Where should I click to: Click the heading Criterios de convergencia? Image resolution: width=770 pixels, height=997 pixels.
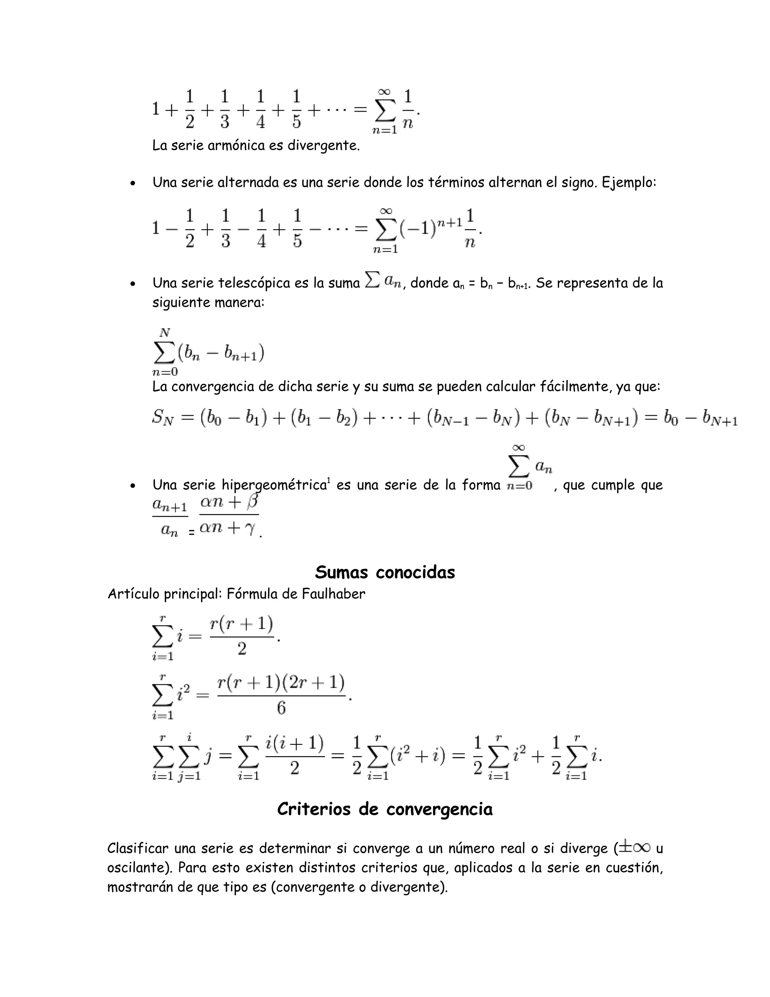click(x=385, y=809)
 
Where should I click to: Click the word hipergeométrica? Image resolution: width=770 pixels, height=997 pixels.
click(x=274, y=485)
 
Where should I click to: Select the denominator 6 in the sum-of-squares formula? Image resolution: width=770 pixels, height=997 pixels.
click(x=281, y=708)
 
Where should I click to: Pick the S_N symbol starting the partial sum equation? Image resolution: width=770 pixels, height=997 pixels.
click(x=163, y=418)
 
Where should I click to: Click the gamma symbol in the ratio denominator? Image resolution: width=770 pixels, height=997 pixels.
click(x=250, y=529)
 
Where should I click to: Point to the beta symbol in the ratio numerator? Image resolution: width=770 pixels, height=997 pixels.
click(x=252, y=501)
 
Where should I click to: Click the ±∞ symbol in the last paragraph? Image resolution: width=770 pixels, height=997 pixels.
click(x=635, y=848)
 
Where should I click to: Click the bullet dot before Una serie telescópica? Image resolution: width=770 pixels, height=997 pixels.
click(x=132, y=284)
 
